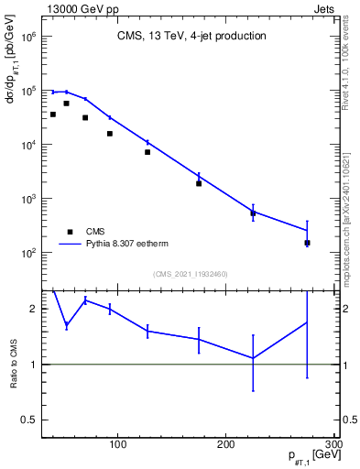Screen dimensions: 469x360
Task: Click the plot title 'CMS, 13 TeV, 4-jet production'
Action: [x=191, y=37]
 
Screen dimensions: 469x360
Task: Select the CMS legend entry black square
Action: [x=69, y=232]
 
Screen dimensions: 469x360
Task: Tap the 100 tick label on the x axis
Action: [x=117, y=444]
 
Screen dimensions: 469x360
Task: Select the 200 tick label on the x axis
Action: [x=225, y=444]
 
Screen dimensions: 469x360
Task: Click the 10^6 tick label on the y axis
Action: [x=27, y=38]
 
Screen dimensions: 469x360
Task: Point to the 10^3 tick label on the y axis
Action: [x=27, y=199]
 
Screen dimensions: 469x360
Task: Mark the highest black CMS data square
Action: [x=66, y=104]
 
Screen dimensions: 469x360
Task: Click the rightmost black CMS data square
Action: [x=307, y=243]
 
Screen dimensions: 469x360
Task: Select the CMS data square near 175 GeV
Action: [x=198, y=183]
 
